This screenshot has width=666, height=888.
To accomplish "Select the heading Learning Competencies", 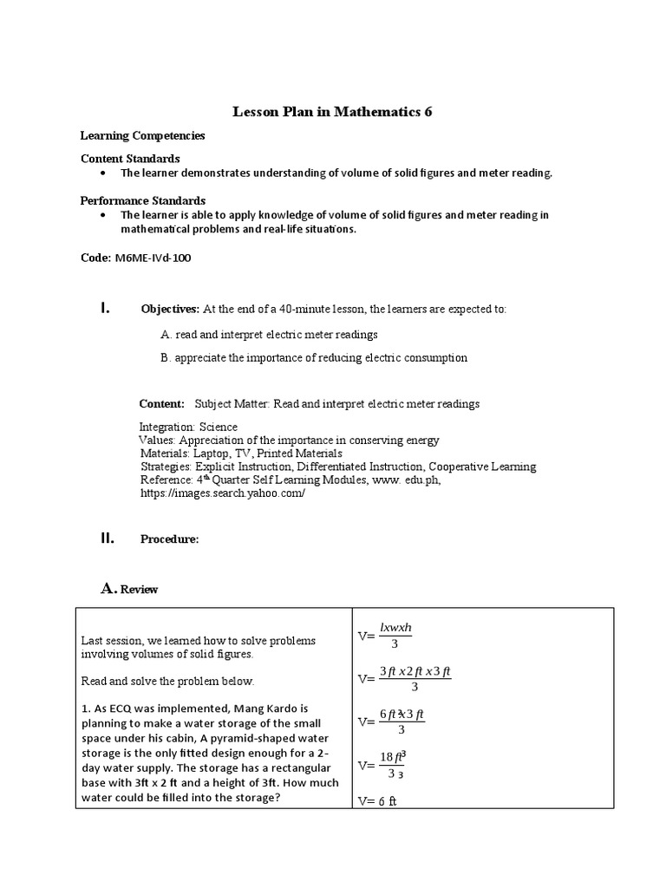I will click(x=142, y=136).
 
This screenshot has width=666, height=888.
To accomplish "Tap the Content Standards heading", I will click(x=130, y=159).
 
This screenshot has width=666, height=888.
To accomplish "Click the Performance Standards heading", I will click(x=143, y=200).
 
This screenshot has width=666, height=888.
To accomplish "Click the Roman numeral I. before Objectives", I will click(x=105, y=308).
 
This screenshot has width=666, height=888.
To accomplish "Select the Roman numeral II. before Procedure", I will click(x=107, y=539).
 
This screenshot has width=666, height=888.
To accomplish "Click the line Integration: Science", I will click(x=188, y=427).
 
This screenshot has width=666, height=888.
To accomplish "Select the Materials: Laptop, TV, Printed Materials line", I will click(x=241, y=453).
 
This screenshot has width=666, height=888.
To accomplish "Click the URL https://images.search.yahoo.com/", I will click(x=223, y=492).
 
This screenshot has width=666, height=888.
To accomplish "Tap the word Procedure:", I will click(x=170, y=539).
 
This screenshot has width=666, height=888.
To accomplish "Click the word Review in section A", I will click(x=139, y=590).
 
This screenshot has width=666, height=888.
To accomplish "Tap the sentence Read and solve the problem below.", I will click(x=167, y=681).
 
